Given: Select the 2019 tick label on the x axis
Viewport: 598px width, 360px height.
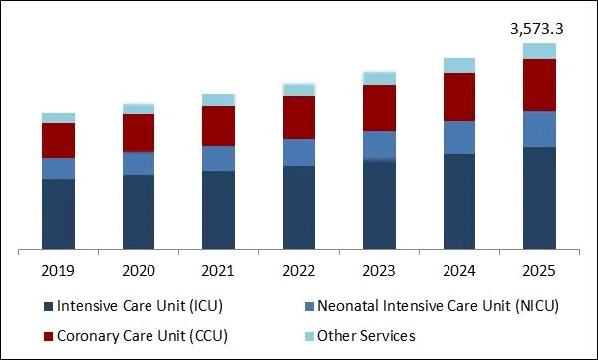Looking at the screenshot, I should coord(58,270).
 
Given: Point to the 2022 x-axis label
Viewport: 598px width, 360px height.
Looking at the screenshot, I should coord(299,270).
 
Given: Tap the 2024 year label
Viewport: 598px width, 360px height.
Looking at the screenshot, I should coord(459,270).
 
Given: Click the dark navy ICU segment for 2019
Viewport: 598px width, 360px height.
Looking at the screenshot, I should coord(58,214).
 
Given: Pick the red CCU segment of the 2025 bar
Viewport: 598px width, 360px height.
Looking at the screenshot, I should coord(539,85).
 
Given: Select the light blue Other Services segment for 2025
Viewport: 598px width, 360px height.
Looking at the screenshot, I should coord(539,51).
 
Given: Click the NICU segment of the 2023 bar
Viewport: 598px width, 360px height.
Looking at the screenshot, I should coord(379,145).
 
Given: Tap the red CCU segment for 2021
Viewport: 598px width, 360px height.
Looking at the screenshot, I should coord(218,126).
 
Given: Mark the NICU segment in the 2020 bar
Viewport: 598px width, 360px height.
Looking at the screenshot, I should coord(139,163).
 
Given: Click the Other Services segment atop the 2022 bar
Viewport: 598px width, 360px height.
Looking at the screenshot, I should coord(299,90).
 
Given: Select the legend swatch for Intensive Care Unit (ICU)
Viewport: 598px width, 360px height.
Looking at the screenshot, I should coord(46,306).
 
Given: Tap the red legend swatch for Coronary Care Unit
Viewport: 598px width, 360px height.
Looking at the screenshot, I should coord(46,335).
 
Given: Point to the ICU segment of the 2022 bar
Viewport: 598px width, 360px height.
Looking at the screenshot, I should coord(299,207).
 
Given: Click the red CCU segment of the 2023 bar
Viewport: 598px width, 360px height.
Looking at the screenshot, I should coord(379,108).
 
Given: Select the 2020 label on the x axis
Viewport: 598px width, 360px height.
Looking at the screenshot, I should coord(139,270).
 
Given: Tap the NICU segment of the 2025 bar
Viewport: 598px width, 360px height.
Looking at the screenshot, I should coord(539,129).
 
